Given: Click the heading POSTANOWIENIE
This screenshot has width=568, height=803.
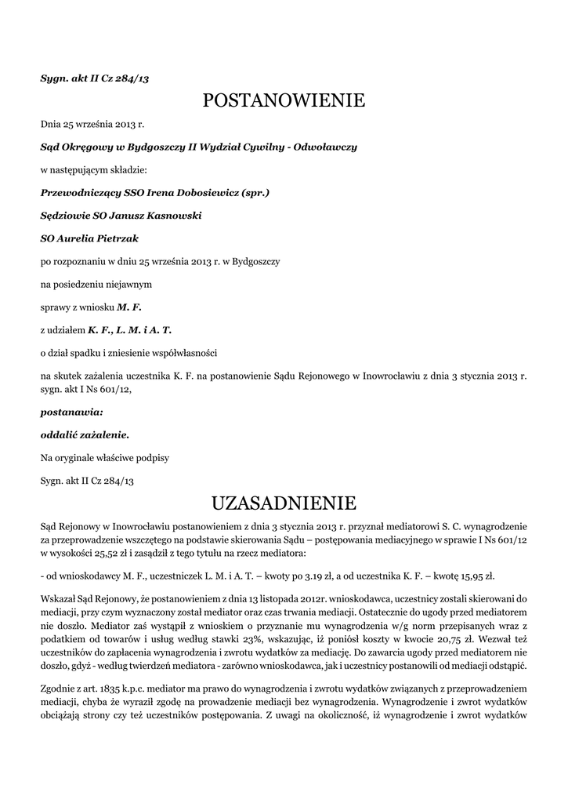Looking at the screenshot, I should [x=284, y=100].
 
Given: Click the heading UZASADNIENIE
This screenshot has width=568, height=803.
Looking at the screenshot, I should [x=284, y=501].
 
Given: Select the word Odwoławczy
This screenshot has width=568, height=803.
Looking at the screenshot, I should [x=325, y=147].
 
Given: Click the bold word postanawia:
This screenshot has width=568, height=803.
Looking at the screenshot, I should [x=71, y=411].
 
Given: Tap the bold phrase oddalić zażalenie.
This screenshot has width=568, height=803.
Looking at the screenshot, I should [x=85, y=434].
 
